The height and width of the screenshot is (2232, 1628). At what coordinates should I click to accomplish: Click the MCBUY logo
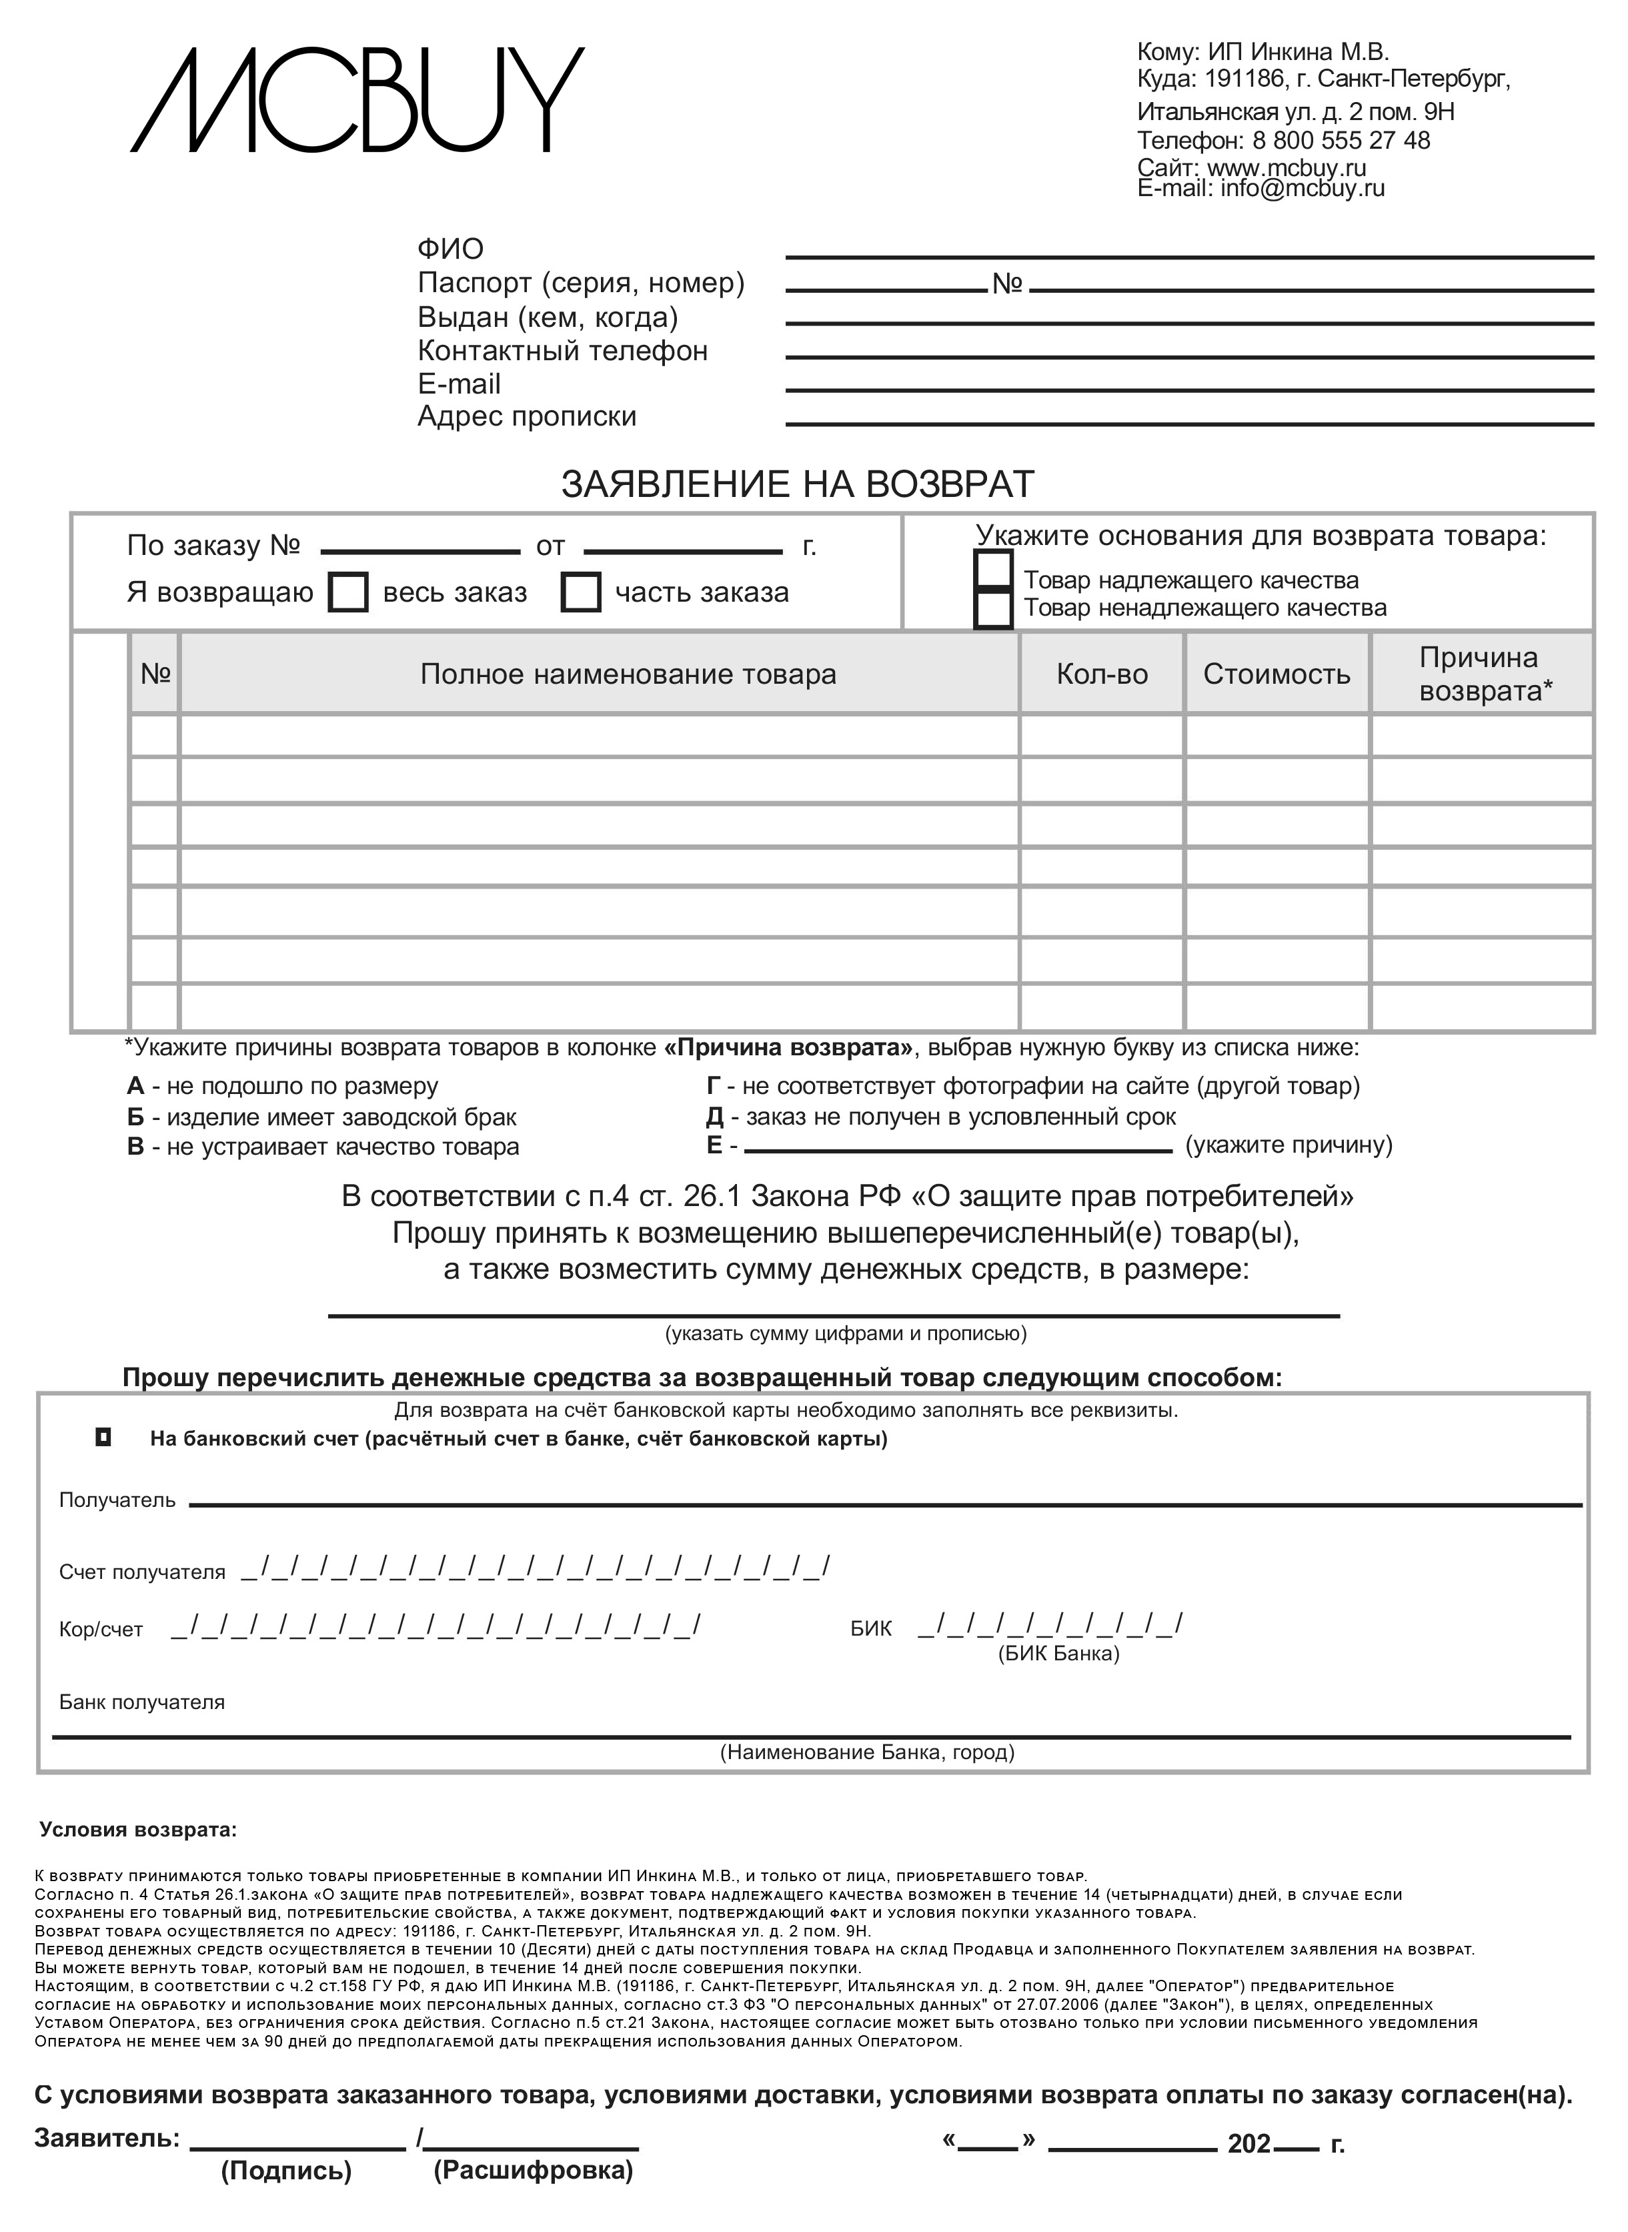(357, 101)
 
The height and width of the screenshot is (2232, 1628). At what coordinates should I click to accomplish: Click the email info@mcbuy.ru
(1302, 188)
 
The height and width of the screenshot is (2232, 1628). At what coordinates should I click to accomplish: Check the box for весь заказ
(348, 593)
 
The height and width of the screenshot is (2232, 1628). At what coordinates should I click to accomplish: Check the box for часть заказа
(580, 593)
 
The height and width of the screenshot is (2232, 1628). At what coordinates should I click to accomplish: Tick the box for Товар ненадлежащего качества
(992, 608)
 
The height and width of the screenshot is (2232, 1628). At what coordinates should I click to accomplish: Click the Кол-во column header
(1102, 674)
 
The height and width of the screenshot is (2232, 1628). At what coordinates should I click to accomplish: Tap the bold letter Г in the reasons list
(714, 1087)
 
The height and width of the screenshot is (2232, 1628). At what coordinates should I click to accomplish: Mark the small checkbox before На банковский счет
(103, 1438)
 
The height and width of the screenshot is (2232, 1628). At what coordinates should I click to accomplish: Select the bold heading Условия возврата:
(138, 1830)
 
